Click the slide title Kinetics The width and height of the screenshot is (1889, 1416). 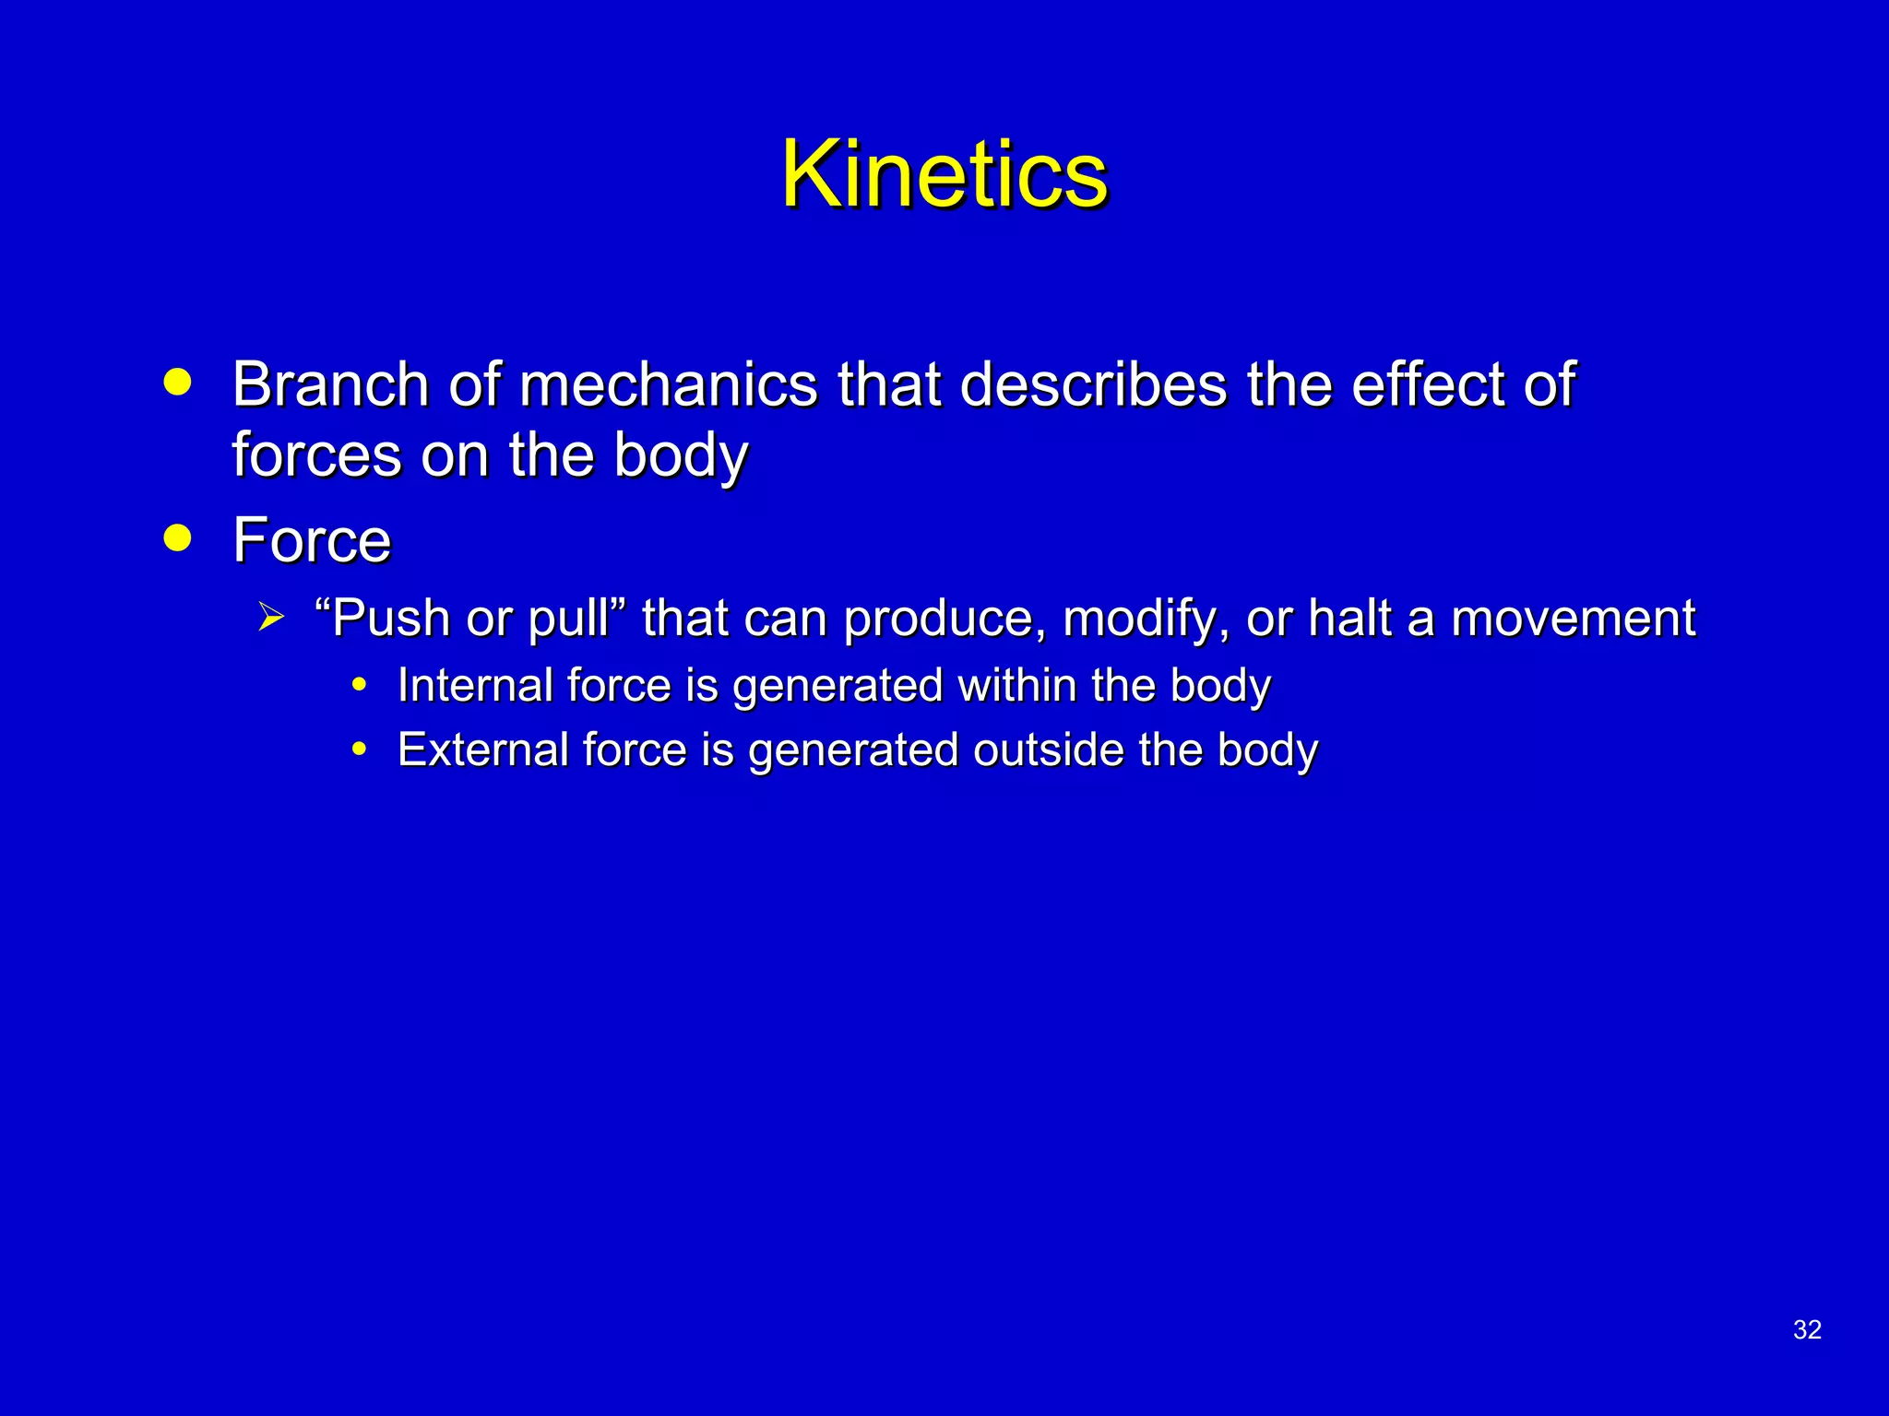[944, 174]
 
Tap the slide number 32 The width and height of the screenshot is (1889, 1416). [1806, 1329]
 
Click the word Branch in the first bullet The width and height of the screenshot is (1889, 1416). [329, 384]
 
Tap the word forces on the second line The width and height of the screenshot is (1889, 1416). [316, 455]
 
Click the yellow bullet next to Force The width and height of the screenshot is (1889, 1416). [177, 537]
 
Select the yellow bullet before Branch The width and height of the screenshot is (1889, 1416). [177, 382]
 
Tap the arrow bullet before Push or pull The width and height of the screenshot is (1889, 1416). [270, 616]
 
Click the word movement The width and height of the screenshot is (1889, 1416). [1573, 619]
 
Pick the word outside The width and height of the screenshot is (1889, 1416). [1048, 749]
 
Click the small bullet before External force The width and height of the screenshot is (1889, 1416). [360, 749]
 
